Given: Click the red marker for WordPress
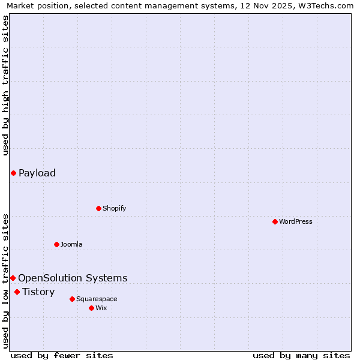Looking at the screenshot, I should [x=275, y=221].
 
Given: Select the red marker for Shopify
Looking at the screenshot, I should [x=98, y=208].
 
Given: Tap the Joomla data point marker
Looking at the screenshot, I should [x=56, y=244].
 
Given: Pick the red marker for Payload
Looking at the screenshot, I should [x=13, y=173].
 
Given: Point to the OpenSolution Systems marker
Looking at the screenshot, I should [x=13, y=278].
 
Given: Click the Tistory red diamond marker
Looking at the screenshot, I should [x=17, y=292].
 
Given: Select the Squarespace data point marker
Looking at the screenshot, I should [x=72, y=299].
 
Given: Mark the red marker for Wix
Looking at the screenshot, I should [x=91, y=308].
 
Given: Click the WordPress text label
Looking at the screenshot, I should [x=296, y=221].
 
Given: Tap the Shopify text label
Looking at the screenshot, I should [x=114, y=208].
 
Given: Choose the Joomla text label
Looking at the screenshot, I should [x=71, y=244].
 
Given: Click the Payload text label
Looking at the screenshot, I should [x=37, y=173].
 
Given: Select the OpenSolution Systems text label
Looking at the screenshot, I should [x=73, y=278].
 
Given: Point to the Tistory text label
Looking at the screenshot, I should [x=38, y=292].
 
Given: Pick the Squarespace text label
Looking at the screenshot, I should [x=97, y=299].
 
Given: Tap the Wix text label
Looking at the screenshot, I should [x=101, y=308].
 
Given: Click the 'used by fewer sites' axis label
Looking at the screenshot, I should [x=62, y=355].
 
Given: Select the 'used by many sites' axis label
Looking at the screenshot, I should [x=301, y=355].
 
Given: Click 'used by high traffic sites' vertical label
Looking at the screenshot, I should [x=5, y=85].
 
